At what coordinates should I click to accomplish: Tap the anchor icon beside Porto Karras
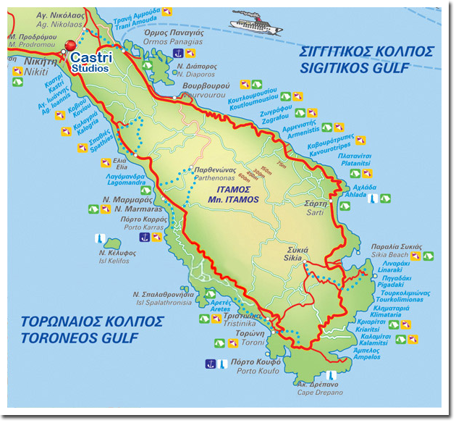(145, 237)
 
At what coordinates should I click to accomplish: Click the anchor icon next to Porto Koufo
(211, 363)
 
